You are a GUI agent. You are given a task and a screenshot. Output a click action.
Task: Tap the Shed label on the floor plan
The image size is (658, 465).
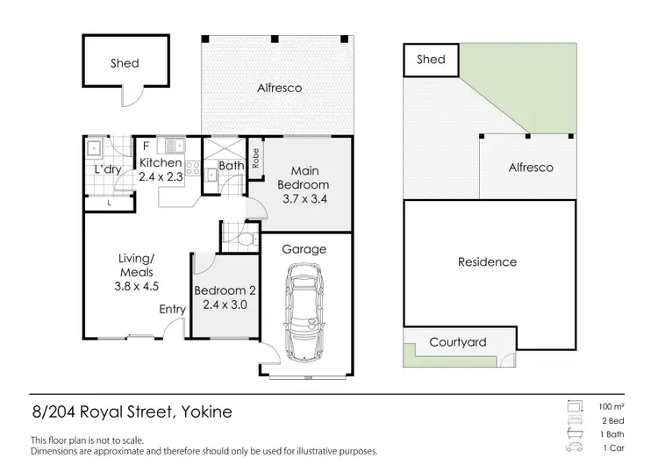click(125, 63)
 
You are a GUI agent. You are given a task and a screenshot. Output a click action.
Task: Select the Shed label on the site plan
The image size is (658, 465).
click(431, 60)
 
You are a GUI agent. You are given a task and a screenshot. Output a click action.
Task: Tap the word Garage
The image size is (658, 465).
click(304, 249)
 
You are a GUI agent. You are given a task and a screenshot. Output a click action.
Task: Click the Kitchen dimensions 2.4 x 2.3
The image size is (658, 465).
click(161, 176)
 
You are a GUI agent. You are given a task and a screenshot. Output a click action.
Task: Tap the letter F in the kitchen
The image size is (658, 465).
click(146, 145)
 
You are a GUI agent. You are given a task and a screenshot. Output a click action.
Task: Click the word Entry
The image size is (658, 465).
click(172, 309)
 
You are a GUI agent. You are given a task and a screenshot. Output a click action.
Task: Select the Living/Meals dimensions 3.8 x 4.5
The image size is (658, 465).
click(137, 286)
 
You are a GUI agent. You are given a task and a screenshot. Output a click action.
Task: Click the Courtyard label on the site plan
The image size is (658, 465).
click(457, 343)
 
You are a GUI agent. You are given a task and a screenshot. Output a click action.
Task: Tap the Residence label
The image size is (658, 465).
click(487, 261)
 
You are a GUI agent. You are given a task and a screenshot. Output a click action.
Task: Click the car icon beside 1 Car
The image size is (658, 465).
click(576, 448)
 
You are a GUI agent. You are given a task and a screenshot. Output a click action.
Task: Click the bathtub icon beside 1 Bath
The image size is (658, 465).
click(576, 434)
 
